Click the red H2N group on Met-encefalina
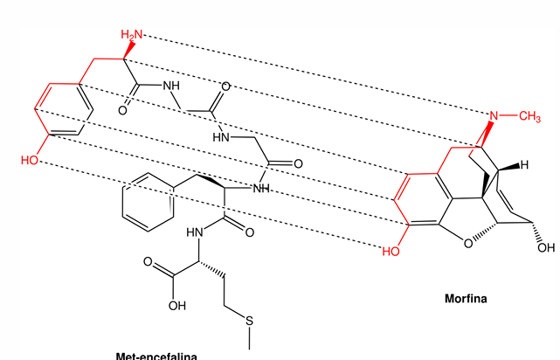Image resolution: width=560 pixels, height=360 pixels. click(131, 34)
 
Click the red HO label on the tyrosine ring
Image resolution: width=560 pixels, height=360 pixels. click(31, 161)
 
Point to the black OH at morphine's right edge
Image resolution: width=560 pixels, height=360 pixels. click(546, 235)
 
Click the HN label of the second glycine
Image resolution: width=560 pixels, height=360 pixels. click(223, 137)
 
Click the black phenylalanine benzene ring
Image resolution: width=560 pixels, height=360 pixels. click(141, 203)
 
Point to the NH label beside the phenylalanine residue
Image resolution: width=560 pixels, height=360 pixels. click(259, 188)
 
